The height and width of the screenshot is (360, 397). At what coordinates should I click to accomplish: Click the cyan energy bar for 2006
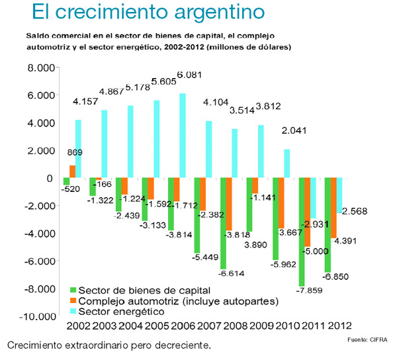(x=183, y=136)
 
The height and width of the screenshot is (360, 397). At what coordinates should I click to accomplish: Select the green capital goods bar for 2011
(x=302, y=232)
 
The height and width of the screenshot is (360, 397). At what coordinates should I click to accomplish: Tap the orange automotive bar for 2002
(x=72, y=171)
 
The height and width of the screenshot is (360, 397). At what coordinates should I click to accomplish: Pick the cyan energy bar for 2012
(x=340, y=195)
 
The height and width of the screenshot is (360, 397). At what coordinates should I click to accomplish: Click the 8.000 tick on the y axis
(x=37, y=68)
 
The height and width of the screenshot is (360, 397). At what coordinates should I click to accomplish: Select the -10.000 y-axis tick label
(x=34, y=317)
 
